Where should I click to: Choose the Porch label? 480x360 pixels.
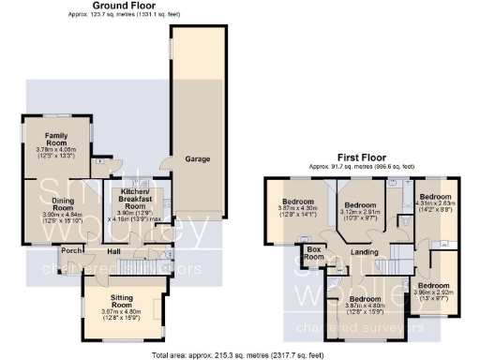click(70, 250)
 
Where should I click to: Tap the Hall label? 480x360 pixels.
click(113, 251)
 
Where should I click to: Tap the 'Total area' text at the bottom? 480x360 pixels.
click(240, 355)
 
